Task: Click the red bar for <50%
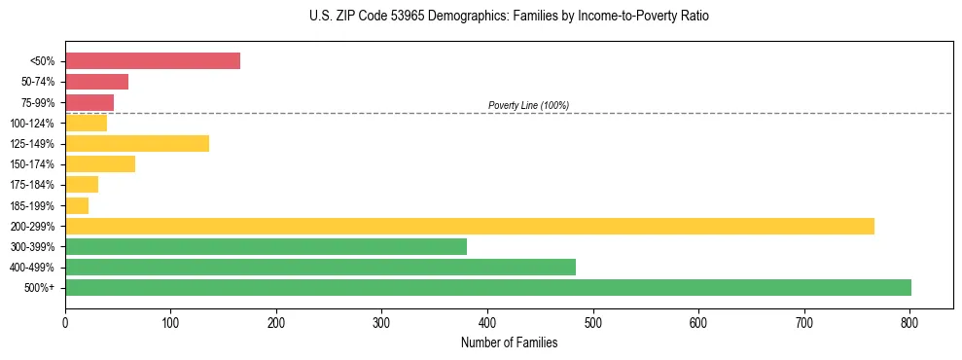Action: coord(153,61)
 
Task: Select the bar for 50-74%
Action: coord(96,82)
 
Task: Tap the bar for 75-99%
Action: coord(89,102)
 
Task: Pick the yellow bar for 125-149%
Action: coord(137,144)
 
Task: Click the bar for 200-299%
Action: coord(470,227)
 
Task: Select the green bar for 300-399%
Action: coord(266,247)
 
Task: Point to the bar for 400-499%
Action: coord(320,268)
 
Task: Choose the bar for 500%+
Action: coord(488,288)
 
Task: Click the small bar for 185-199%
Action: coord(77,205)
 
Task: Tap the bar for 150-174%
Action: coord(100,164)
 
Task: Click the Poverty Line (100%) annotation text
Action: coord(528,105)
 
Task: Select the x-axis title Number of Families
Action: coord(509,342)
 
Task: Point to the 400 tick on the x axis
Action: coord(487,320)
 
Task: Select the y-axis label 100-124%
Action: coord(32,124)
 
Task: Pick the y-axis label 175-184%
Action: coord(32,185)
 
